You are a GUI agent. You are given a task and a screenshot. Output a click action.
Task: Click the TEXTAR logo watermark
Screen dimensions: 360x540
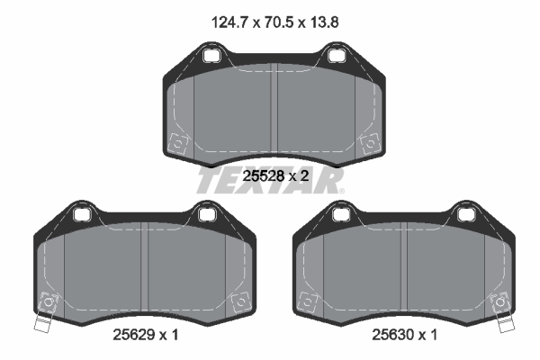(269, 180)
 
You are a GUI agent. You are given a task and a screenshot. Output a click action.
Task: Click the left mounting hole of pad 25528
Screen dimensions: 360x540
(212, 57)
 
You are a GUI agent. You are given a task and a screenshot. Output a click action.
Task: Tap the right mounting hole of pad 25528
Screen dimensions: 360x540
(337, 57)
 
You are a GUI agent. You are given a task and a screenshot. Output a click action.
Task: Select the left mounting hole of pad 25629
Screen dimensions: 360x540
(83, 214)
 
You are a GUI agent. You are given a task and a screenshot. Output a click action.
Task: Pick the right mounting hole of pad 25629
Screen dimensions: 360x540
(208, 214)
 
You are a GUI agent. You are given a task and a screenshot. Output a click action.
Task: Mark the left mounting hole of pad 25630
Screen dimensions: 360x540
(339, 214)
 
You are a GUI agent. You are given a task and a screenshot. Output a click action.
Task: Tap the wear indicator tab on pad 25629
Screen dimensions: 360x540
(41, 325)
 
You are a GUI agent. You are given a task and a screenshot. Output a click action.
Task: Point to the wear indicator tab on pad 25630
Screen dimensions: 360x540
(504, 325)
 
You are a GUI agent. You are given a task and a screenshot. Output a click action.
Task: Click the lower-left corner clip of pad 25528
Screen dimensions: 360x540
(178, 142)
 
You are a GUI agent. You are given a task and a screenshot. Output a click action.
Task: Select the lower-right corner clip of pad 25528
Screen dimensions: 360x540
(369, 142)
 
